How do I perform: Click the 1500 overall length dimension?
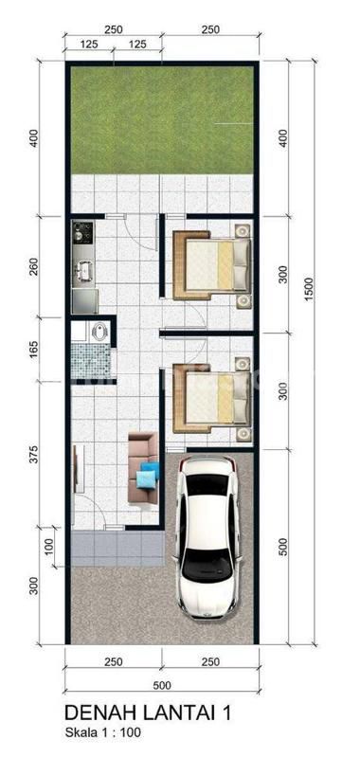click(x=309, y=290)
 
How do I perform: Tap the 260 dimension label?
click(x=33, y=265)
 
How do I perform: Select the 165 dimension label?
click(x=33, y=349)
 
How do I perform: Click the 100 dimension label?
click(x=49, y=547)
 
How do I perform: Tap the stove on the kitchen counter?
click(x=83, y=232)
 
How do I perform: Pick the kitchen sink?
click(x=84, y=270)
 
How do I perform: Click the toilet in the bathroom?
click(x=99, y=333)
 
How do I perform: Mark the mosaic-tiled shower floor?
click(x=91, y=360)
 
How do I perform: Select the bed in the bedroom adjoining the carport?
click(x=212, y=398)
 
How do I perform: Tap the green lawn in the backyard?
click(x=162, y=120)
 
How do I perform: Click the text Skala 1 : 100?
click(x=103, y=732)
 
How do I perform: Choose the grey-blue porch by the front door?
click(x=116, y=549)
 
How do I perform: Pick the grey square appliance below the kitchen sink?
click(x=85, y=301)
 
